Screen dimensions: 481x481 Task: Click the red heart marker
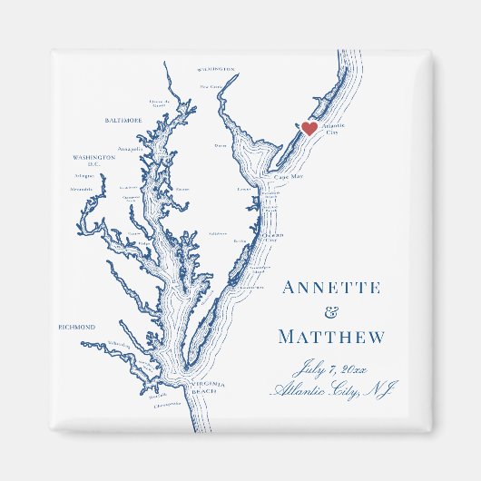(309, 129)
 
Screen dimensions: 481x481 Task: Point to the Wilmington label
(215, 69)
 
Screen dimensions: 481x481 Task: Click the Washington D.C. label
(94, 160)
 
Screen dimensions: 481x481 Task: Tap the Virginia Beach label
(208, 389)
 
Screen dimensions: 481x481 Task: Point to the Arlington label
(83, 177)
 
